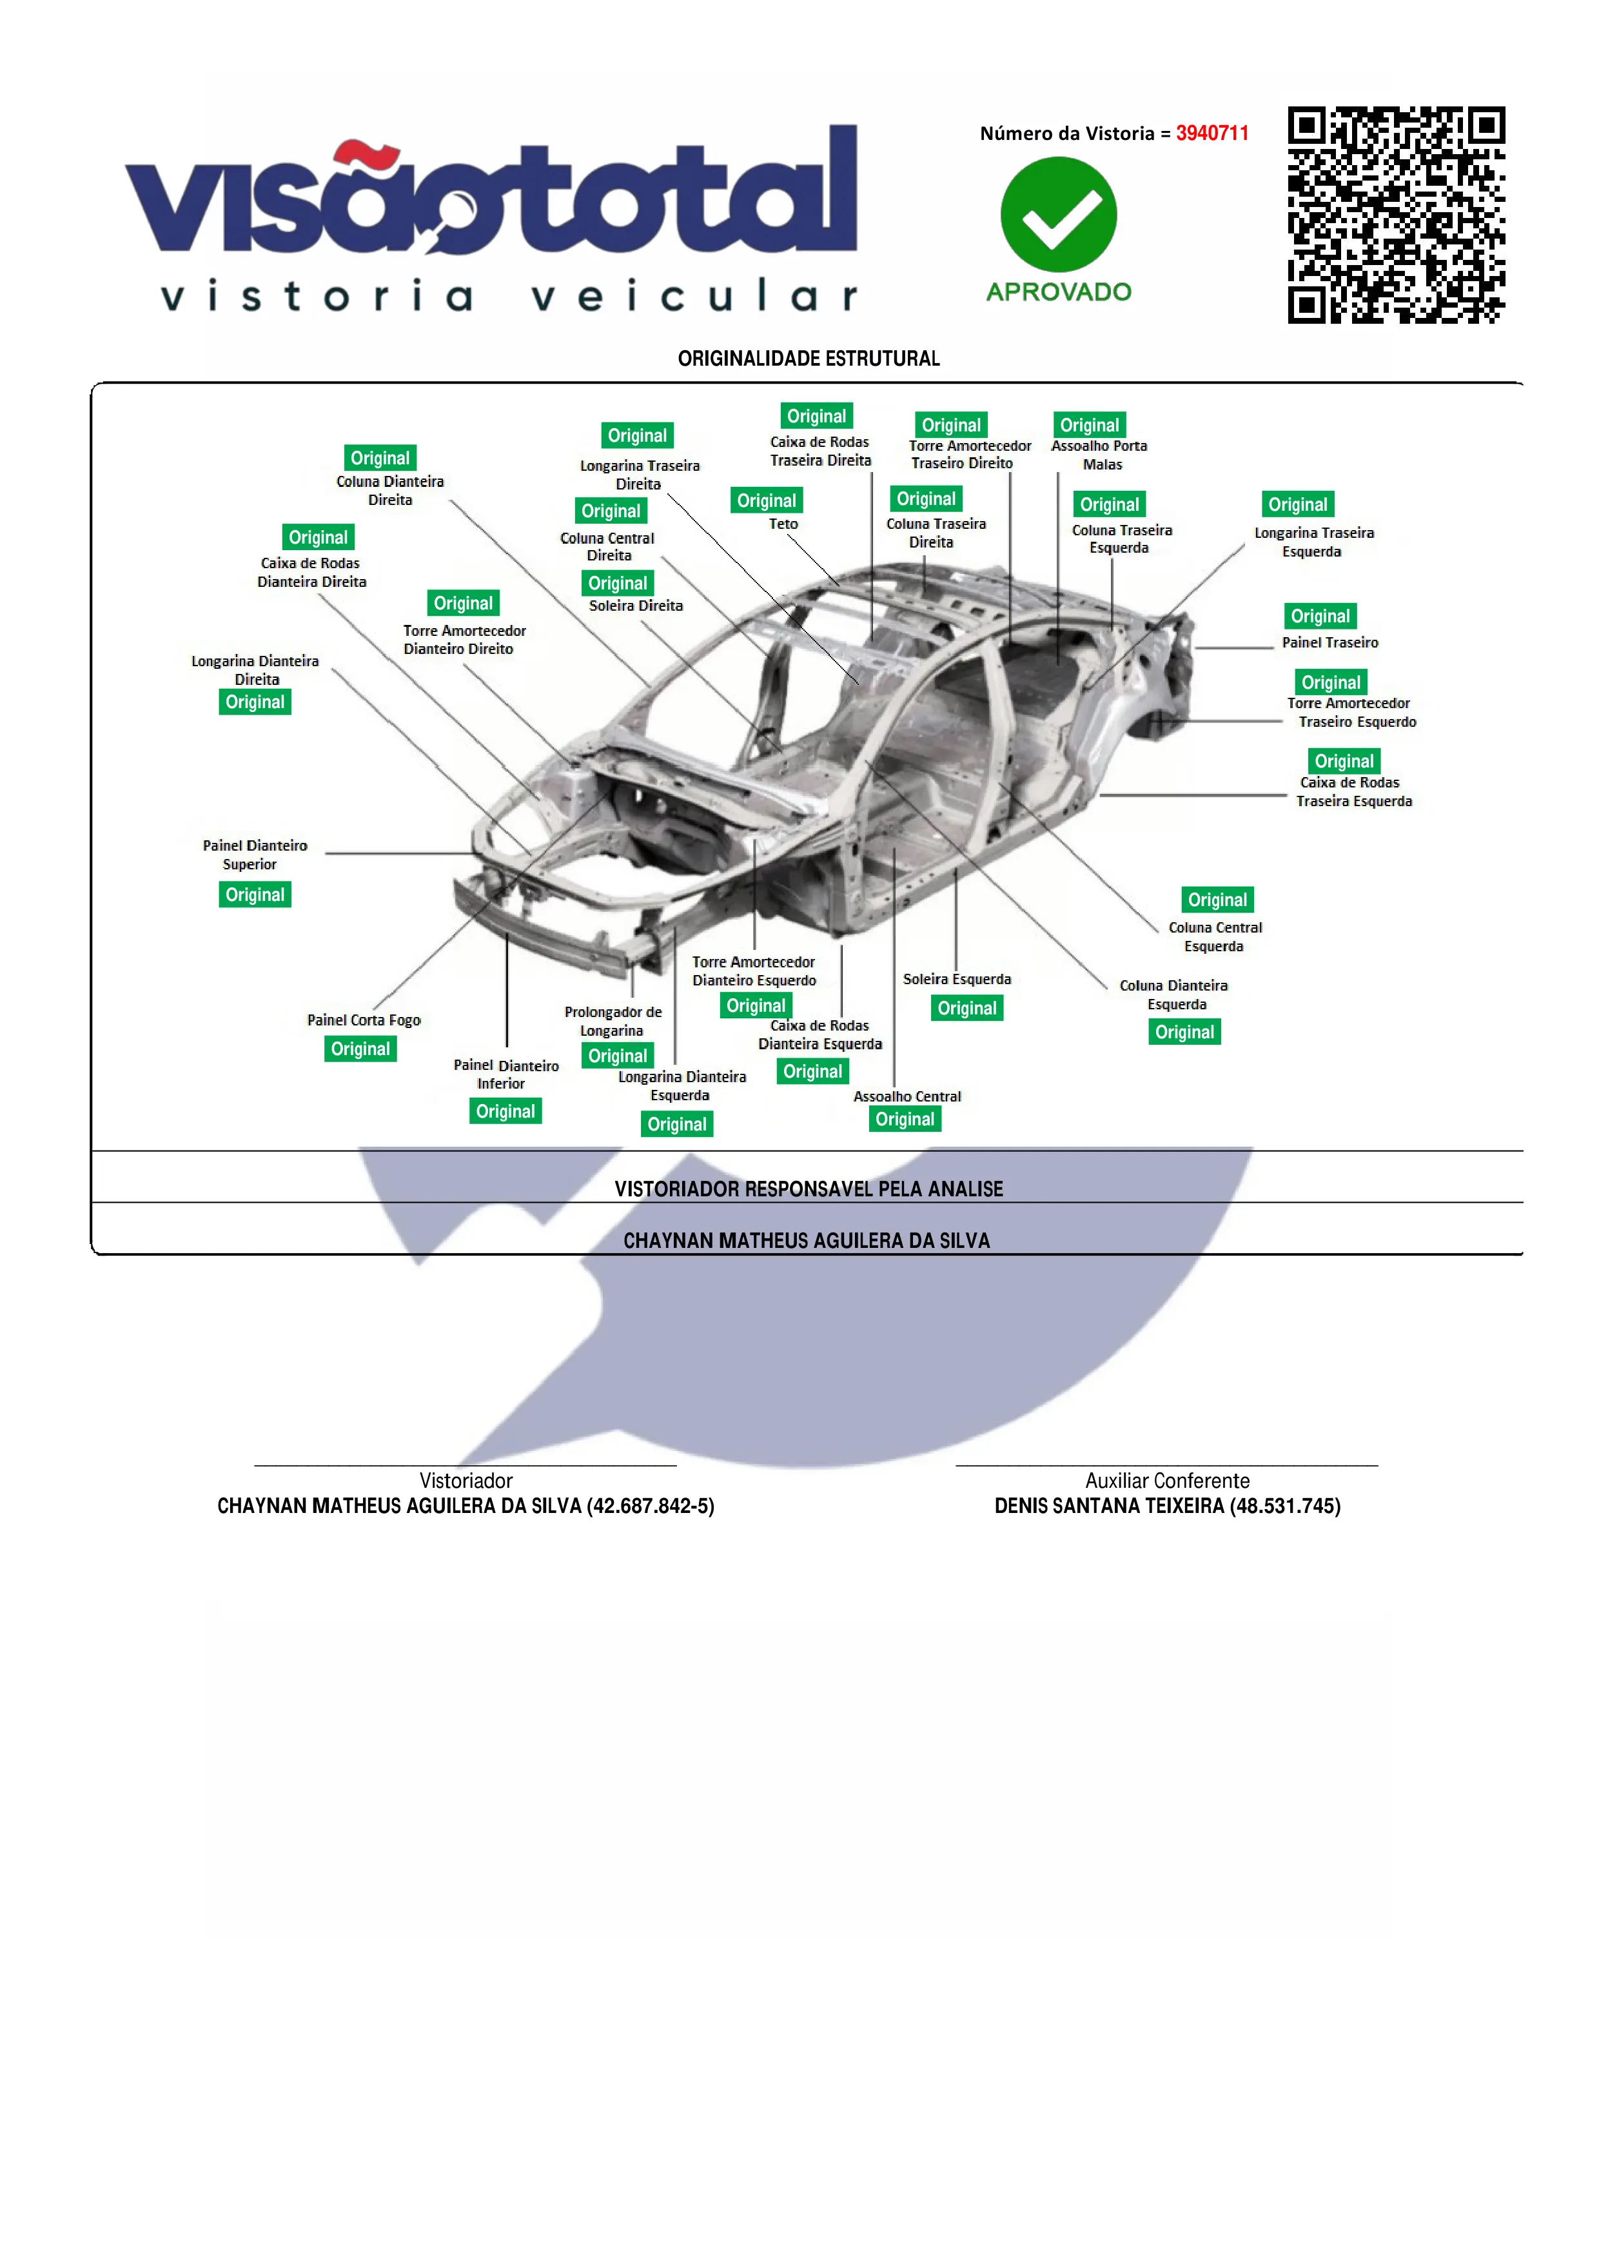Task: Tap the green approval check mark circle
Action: [x=1058, y=214]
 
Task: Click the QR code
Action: [x=1395, y=215]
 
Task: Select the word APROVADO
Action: [x=1058, y=292]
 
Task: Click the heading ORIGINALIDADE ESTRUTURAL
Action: [x=808, y=359]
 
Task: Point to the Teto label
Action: [x=783, y=524]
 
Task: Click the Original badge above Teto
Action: [x=767, y=500]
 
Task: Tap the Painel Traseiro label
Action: [x=1329, y=642]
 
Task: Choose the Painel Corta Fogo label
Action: [x=364, y=1020]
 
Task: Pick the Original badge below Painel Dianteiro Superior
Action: [x=254, y=895]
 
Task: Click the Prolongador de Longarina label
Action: [x=613, y=1021]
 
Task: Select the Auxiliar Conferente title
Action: [x=1166, y=1481]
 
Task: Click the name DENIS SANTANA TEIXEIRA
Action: [x=1108, y=1506]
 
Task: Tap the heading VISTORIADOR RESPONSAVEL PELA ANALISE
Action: [x=808, y=1189]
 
